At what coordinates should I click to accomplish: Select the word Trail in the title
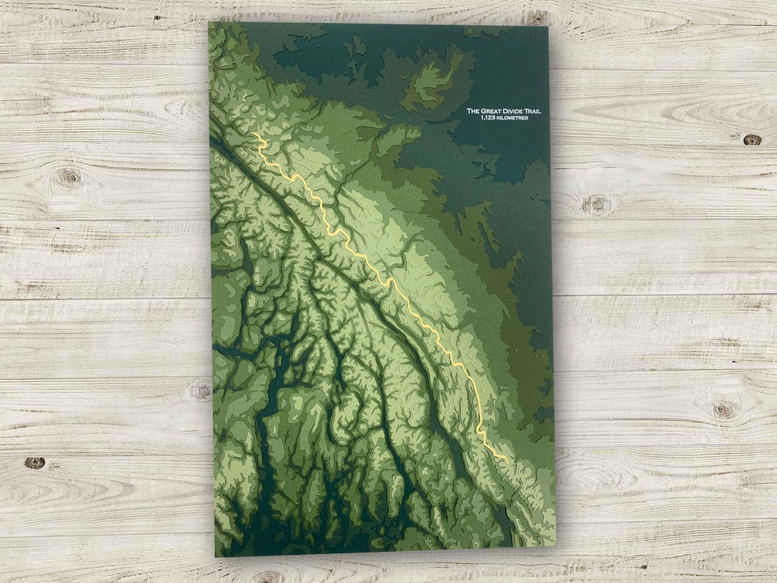click(533, 111)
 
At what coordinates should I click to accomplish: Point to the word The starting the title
click(473, 111)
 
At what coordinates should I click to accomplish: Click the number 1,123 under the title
click(488, 117)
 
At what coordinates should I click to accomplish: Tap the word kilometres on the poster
click(512, 117)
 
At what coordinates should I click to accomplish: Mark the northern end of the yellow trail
click(253, 133)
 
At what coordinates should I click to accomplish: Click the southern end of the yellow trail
click(508, 461)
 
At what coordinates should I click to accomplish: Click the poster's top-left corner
click(209, 22)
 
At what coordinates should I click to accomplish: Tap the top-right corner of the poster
click(548, 27)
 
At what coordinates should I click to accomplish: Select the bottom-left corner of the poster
click(215, 556)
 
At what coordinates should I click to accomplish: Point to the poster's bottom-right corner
click(555, 545)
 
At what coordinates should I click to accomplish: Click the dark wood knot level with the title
click(752, 140)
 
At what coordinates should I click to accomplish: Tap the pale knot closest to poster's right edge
click(596, 205)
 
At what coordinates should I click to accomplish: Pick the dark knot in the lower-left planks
click(34, 463)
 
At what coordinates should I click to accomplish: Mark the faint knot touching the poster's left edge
click(201, 391)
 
